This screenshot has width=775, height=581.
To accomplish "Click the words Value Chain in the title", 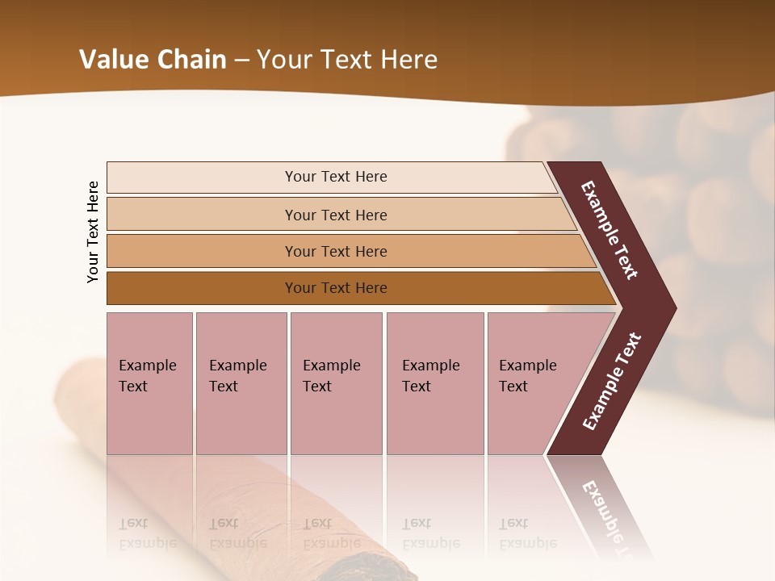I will tap(153, 60).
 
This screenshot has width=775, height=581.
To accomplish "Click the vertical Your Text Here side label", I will tap(93, 232).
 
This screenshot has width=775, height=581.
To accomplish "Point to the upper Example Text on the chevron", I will tap(610, 230).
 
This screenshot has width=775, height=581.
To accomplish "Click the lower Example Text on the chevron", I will tap(611, 382).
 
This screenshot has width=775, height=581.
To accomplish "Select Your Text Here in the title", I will tap(347, 60).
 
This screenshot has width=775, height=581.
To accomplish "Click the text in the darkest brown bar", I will tap(336, 288).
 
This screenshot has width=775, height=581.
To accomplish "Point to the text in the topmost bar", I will tap(336, 177).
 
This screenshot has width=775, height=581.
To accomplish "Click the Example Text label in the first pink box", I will tap(147, 376).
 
